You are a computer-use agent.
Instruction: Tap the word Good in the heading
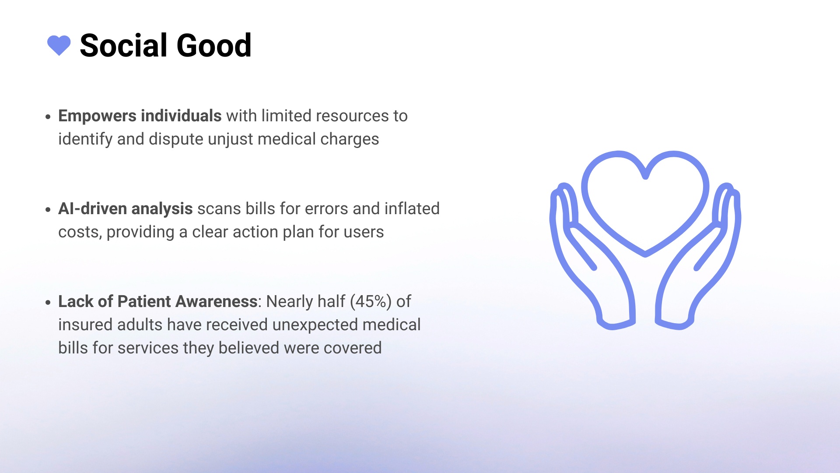214,45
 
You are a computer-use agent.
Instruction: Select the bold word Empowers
97,116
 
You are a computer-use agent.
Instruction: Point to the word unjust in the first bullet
231,139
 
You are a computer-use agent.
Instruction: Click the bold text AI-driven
93,208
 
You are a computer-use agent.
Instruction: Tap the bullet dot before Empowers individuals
48,117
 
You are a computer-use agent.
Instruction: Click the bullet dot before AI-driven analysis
48,210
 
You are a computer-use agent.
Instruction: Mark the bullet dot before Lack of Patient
48,303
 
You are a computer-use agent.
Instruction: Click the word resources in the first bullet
352,116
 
